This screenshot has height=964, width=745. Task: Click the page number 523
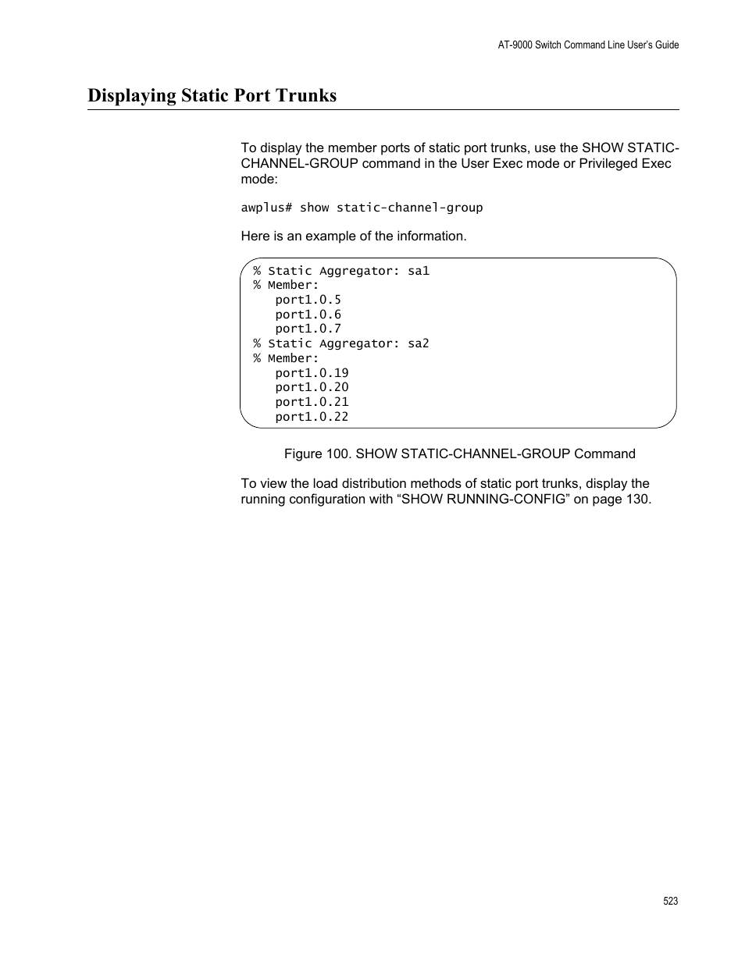click(670, 901)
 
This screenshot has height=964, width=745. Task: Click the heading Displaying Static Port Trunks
click(212, 96)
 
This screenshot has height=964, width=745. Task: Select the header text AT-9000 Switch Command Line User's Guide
click(588, 45)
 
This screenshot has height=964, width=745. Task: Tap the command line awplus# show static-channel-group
click(362, 208)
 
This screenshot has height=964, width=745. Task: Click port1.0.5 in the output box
click(308, 300)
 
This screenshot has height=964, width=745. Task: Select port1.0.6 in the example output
click(308, 315)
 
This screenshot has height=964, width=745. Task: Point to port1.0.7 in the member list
click(308, 329)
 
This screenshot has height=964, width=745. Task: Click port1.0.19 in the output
click(312, 373)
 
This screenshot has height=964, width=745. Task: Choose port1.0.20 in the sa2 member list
click(312, 387)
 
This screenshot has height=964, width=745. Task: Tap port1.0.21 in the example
click(312, 402)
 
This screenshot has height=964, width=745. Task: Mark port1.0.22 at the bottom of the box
click(312, 417)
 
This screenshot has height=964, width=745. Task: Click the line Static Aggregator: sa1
click(341, 271)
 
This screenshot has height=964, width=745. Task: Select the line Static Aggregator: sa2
click(341, 343)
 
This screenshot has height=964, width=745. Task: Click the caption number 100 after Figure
click(338, 454)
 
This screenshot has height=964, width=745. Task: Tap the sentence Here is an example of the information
click(353, 236)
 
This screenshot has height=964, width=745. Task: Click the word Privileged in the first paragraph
click(609, 163)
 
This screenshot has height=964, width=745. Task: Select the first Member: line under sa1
click(286, 285)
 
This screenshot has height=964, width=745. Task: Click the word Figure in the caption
click(302, 454)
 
